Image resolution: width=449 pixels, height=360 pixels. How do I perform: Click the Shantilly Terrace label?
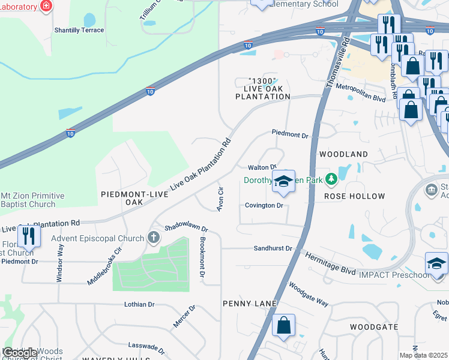coord(79,30)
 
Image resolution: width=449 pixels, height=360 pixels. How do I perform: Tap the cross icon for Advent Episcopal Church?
coord(154,237)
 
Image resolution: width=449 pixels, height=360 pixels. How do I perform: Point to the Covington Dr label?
coord(264,205)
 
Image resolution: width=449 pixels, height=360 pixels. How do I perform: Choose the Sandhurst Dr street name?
coord(273,248)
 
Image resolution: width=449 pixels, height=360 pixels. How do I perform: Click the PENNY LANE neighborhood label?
coord(249,304)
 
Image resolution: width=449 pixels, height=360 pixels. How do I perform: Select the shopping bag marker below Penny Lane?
coord(284,326)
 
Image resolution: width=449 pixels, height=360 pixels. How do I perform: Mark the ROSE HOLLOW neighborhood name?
coord(354,196)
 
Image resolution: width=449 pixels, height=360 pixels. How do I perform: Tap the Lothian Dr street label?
coord(139,304)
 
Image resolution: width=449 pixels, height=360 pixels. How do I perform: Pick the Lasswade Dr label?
coord(146,347)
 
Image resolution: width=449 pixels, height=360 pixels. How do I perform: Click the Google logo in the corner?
coord(19,353)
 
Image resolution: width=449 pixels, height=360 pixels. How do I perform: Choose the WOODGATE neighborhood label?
coord(374,327)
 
